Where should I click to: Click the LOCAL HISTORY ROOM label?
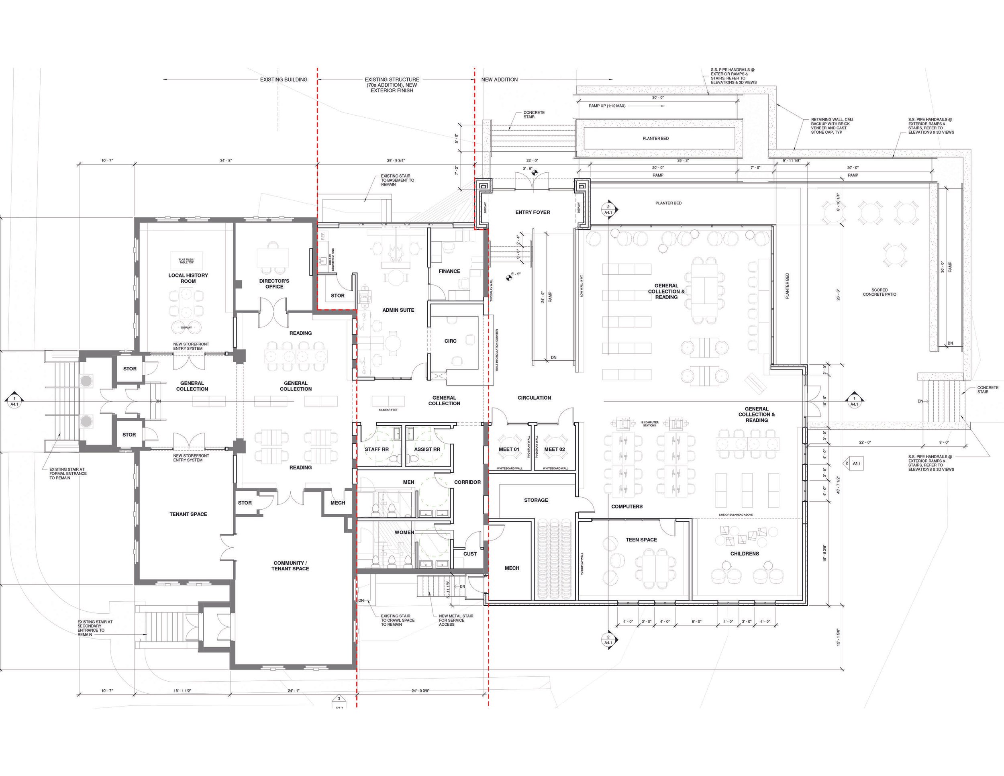[x=188, y=278]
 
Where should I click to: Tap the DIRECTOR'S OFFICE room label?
[x=274, y=284]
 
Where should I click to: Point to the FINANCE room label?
[x=449, y=271]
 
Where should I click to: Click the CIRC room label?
[x=450, y=341]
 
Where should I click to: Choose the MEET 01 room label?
[x=509, y=449]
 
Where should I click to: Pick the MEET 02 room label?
[x=554, y=449]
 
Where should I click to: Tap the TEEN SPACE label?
[x=641, y=540]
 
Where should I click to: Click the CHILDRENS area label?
[x=744, y=553]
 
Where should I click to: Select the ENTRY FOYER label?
[x=533, y=212]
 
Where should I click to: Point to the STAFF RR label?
[x=377, y=449]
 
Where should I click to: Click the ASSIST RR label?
[x=426, y=449]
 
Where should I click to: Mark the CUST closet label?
[x=470, y=553]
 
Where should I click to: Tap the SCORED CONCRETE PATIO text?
[x=879, y=292]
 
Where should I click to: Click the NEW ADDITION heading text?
[x=499, y=80]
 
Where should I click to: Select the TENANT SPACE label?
[x=188, y=514]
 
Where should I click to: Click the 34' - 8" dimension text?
[x=226, y=160]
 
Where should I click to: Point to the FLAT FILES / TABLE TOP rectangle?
[x=187, y=260]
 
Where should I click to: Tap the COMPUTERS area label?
[x=626, y=506]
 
